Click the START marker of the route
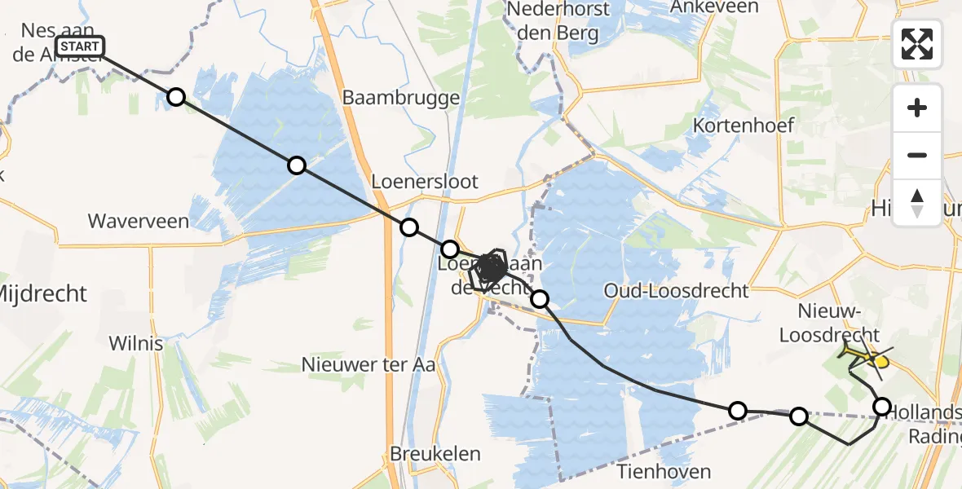click(80, 46)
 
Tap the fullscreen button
click(917, 44)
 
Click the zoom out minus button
click(917, 155)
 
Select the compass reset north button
click(917, 203)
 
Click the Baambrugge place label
click(401, 98)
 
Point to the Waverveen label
click(138, 221)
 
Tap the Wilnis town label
click(135, 343)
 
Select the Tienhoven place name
click(664, 471)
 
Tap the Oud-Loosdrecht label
click(677, 291)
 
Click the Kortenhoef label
click(743, 126)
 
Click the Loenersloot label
click(425, 181)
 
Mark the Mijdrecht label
click(42, 293)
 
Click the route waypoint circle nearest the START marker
click(176, 98)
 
